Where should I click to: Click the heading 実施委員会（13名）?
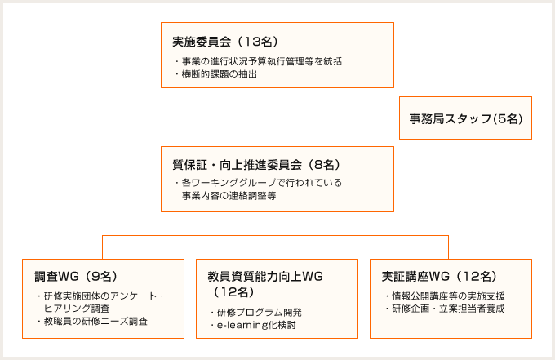(x=226, y=42)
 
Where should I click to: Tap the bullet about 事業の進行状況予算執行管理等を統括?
(x=259, y=61)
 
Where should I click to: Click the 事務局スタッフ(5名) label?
(x=466, y=118)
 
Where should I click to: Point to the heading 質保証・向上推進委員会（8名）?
(x=256, y=165)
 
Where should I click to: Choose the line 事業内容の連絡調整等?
(x=229, y=196)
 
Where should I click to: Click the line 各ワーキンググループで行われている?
(x=259, y=183)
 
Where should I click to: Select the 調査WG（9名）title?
(x=76, y=276)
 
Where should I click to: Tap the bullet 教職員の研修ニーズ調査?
(x=92, y=322)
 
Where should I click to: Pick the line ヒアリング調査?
(x=77, y=309)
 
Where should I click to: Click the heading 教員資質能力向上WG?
(x=265, y=276)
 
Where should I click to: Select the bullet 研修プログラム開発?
(x=256, y=312)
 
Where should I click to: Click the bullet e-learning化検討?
(x=254, y=325)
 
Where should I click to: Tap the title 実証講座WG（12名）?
(x=439, y=276)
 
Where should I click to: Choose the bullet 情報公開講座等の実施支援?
(x=445, y=296)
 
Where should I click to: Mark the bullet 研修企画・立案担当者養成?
(x=445, y=309)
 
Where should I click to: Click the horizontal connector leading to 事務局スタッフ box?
(x=339, y=118)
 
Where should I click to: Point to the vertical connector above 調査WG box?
(x=102, y=247)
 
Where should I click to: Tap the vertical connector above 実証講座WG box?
(x=448, y=247)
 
